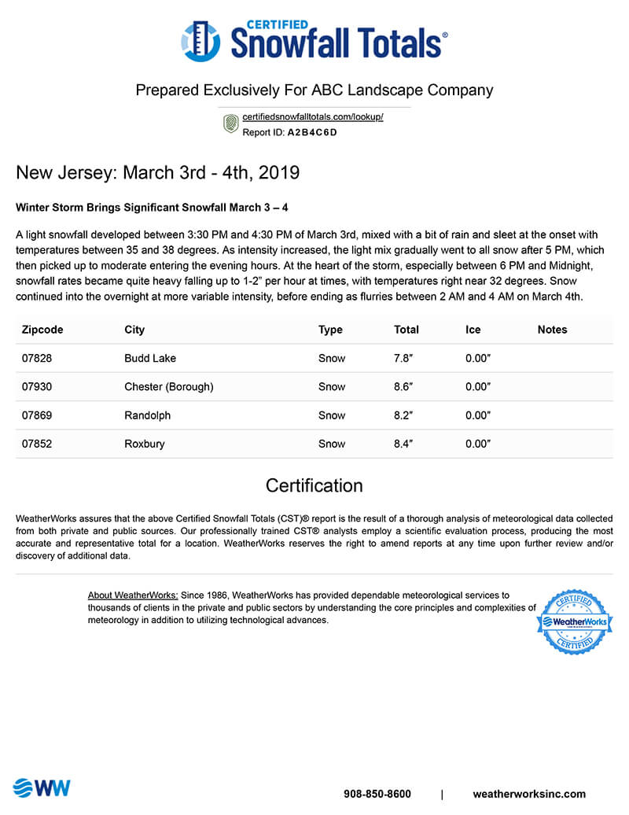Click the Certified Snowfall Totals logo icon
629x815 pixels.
tap(200, 41)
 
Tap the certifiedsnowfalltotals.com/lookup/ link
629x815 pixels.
tap(312, 117)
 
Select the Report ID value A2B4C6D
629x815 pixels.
tap(311, 132)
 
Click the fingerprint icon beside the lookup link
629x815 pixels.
tap(230, 124)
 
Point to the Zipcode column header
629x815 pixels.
tap(42, 330)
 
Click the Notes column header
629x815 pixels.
tap(552, 330)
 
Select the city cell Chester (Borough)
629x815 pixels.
tap(168, 386)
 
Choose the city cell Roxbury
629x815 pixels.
tap(145, 444)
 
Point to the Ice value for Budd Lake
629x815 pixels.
tap(478, 358)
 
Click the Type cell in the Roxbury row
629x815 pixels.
tap(332, 444)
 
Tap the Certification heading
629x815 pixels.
tap(314, 485)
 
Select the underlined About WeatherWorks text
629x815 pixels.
tap(133, 596)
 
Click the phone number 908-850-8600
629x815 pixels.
tap(377, 794)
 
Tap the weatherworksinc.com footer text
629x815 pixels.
tap(529, 794)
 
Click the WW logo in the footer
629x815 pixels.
tap(42, 787)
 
